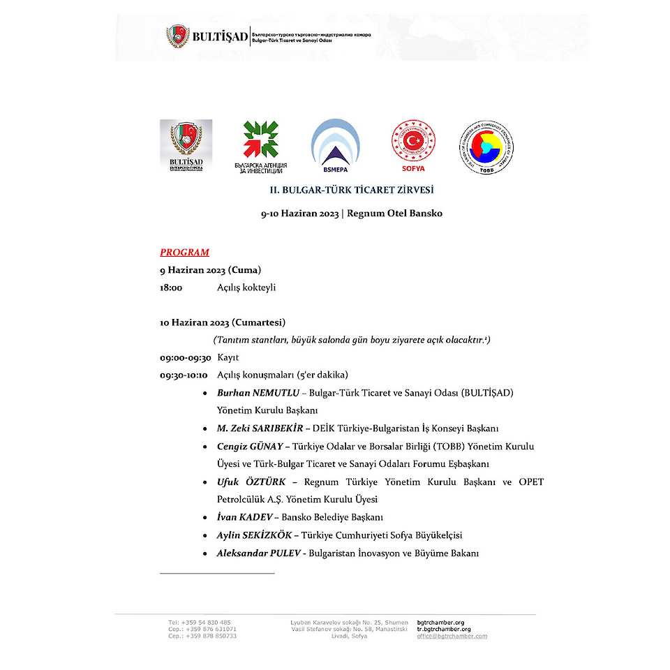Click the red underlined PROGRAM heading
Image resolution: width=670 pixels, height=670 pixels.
pyautogui.click(x=184, y=253)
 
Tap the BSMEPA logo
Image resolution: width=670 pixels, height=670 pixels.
pyautogui.click(x=336, y=147)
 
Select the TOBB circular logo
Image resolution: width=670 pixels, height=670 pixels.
pyautogui.click(x=486, y=147)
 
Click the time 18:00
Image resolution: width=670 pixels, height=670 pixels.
pyautogui.click(x=171, y=288)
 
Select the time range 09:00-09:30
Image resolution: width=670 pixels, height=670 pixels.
pyautogui.click(x=185, y=357)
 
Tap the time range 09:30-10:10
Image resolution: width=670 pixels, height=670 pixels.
pyautogui.click(x=185, y=375)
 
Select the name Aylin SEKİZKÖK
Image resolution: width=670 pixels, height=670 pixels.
pyautogui.click(x=254, y=536)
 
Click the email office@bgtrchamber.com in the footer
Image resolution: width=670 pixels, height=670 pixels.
pyautogui.click(x=452, y=636)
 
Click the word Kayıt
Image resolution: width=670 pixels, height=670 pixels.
pyautogui.click(x=228, y=357)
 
